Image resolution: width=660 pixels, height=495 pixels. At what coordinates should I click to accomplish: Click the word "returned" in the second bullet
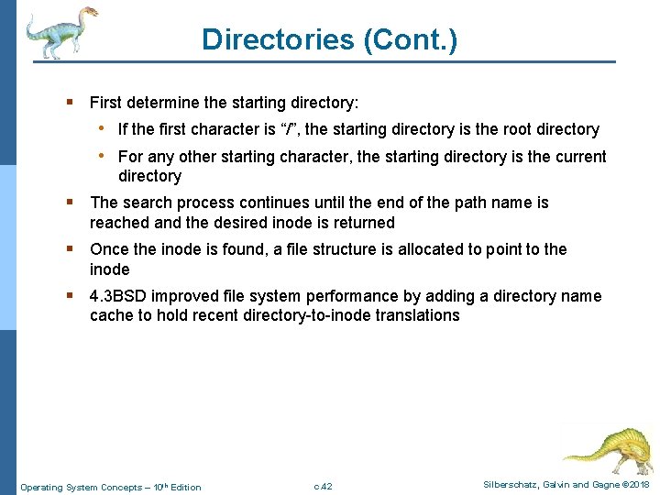tap(364, 223)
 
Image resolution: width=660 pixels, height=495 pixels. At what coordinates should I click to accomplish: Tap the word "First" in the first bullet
tap(106, 102)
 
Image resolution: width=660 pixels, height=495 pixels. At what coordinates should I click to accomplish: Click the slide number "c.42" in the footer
tap(323, 486)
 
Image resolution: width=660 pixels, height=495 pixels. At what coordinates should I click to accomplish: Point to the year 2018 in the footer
tap(637, 484)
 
